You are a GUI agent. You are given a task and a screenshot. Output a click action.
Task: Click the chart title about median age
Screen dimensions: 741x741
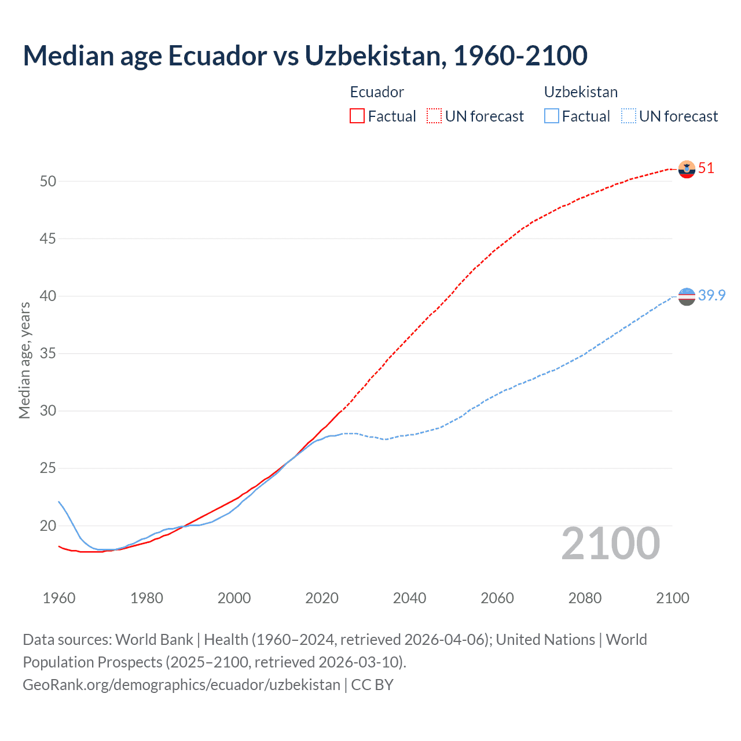(305, 56)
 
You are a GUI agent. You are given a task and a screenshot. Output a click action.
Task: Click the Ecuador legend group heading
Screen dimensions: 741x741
(377, 92)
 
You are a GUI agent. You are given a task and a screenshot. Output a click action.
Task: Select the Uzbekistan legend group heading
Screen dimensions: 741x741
(581, 92)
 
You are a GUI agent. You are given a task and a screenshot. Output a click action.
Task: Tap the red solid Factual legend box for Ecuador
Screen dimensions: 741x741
(357, 116)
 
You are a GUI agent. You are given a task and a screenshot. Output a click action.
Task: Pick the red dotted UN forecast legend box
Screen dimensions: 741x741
(434, 116)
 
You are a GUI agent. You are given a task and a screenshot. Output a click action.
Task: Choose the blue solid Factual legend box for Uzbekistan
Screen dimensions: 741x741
(552, 116)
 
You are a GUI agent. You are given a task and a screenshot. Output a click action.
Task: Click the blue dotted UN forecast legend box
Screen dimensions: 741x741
(628, 116)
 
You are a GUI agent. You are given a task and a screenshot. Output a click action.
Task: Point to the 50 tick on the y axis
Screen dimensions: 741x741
(48, 181)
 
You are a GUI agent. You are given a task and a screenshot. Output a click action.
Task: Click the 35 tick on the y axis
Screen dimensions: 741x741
(48, 354)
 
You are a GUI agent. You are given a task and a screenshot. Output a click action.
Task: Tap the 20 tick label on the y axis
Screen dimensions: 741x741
(48, 526)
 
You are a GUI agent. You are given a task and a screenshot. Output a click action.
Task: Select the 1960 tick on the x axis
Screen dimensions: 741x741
(59, 598)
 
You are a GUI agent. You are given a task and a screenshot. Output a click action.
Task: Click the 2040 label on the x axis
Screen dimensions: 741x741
(409, 598)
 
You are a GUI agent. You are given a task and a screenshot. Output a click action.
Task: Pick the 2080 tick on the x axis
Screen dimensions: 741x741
(585, 598)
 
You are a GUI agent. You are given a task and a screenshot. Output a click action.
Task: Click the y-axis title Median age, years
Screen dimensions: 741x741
(24, 360)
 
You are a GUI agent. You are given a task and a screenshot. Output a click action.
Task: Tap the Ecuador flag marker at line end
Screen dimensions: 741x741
(687, 169)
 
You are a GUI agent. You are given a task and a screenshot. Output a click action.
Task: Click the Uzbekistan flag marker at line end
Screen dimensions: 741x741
(687, 296)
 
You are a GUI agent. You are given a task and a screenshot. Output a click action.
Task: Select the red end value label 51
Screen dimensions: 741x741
(706, 168)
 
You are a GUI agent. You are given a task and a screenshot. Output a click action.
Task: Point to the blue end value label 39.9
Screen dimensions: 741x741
(711, 295)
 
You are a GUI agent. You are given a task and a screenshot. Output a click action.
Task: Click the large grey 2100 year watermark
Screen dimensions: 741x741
(611, 544)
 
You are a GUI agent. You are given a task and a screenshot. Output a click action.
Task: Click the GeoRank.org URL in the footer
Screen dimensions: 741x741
(181, 685)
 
